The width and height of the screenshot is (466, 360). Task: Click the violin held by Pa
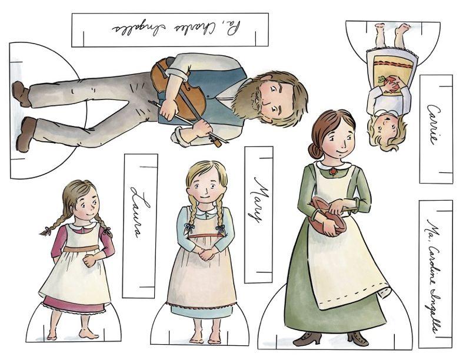179,88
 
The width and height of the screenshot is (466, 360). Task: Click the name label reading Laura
140,226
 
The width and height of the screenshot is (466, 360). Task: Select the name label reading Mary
259,214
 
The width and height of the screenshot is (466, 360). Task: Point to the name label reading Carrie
435,129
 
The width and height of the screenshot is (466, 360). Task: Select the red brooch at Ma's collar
334,171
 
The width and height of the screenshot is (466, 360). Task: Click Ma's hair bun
315,150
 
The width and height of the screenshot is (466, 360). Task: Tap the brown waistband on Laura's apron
82,248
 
